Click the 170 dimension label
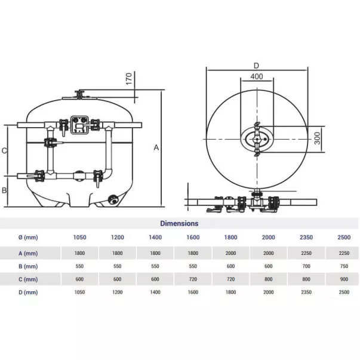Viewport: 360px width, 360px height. pos(129,79)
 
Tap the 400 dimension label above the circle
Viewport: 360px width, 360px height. pos(257,76)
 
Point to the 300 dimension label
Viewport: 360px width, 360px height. pos(317,139)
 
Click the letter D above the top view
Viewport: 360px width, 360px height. pos(256,66)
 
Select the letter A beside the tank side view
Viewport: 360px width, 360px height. pos(156,147)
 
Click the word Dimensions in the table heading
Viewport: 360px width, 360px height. pos(179,223)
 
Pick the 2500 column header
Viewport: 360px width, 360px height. pos(344,237)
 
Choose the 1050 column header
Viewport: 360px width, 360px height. pos(79,237)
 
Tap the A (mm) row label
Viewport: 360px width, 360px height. pos(28,253)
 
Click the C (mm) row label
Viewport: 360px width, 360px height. pos(28,279)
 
